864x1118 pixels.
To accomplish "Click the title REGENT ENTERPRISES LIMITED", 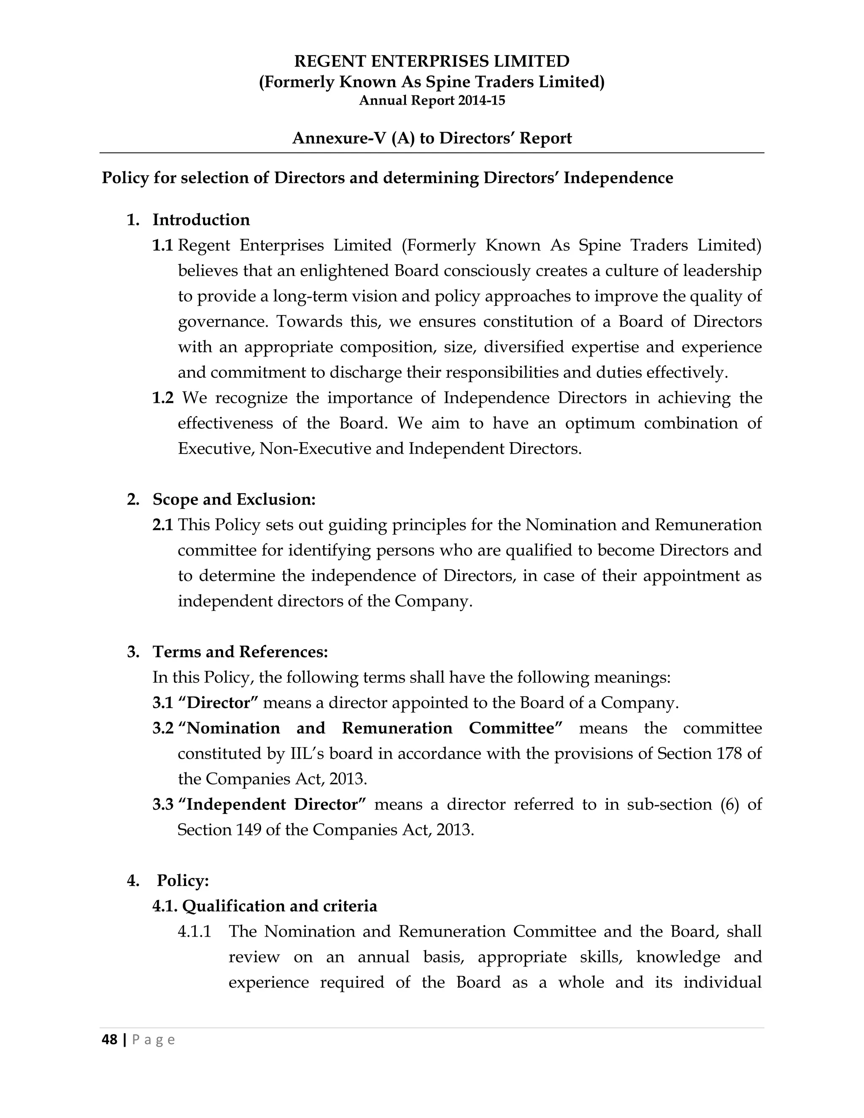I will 432,62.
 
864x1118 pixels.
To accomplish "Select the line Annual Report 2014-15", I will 432,100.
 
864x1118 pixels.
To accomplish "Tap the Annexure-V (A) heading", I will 432,138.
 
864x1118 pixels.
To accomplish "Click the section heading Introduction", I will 201,220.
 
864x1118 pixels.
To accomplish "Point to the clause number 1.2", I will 163,398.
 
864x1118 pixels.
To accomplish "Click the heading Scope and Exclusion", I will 234,499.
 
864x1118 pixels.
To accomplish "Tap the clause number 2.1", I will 163,525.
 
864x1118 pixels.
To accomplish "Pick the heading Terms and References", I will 240,652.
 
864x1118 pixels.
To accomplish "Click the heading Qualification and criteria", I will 279,906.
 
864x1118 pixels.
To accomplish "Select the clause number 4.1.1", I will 194,932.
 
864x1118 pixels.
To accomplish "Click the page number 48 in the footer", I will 110,1040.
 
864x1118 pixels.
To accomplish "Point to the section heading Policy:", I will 183,880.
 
